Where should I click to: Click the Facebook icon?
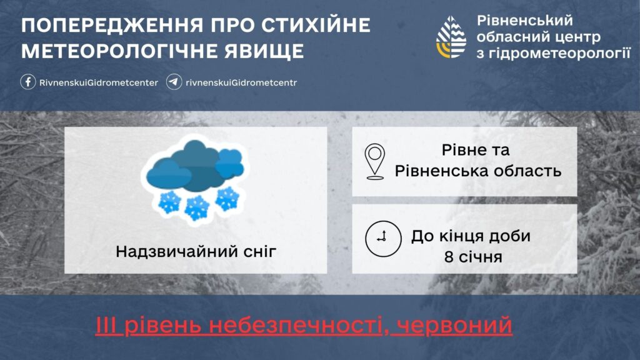28,82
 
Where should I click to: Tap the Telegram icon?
174,82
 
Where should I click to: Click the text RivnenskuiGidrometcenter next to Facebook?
98,82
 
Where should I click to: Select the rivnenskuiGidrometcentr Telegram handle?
241,82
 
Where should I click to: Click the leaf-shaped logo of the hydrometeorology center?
451,37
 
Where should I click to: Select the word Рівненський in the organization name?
524,21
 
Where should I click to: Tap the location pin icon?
376,161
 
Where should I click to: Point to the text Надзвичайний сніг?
196,252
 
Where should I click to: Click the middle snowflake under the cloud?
197,207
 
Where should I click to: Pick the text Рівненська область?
478,170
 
